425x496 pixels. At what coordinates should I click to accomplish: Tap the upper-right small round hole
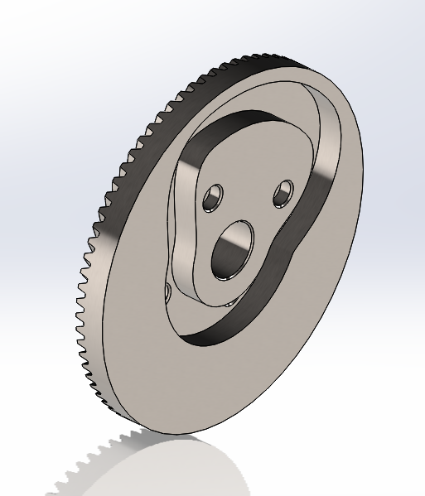pyautogui.click(x=283, y=192)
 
